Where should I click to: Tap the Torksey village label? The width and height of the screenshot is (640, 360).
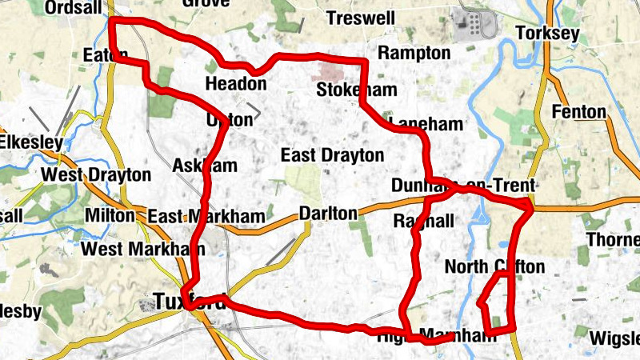point(547,34)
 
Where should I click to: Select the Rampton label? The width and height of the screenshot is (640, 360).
point(414,53)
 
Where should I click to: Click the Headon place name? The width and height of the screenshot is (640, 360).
point(235,84)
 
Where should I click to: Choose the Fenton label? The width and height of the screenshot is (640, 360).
point(578,111)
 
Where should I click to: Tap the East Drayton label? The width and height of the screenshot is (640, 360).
point(332,155)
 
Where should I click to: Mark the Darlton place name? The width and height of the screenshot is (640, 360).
point(327,214)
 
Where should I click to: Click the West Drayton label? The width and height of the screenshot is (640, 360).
point(96,174)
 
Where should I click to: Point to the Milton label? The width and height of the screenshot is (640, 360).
point(109,216)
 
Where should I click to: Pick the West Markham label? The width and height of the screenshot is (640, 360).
point(142,249)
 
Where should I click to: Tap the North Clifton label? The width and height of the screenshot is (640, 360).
point(494,266)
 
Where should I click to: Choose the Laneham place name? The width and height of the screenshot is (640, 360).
point(425,124)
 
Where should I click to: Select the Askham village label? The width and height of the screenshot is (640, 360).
point(205,166)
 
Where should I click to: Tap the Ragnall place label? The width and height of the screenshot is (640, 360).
point(424,220)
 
